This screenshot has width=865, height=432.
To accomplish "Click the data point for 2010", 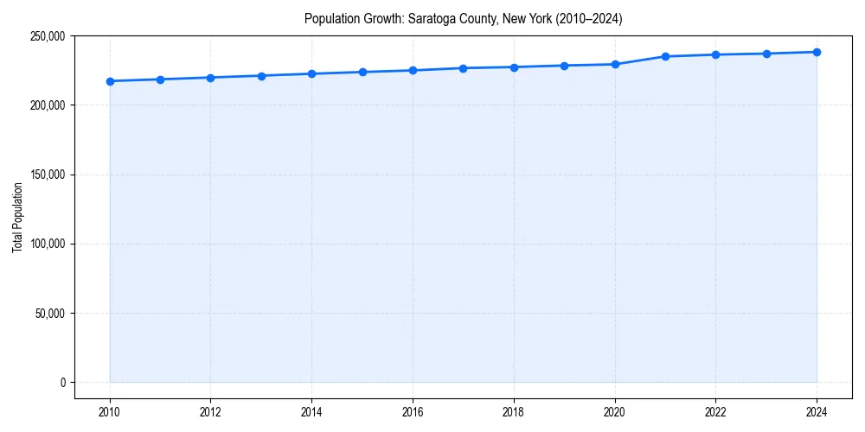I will point(110,81).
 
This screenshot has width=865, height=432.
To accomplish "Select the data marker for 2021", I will point(665,56).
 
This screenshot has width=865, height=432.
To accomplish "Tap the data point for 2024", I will point(817,52).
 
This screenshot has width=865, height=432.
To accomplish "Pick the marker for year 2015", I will point(362,72).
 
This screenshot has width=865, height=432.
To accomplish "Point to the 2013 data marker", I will point(261,75).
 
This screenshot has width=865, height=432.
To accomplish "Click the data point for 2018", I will point(514,67).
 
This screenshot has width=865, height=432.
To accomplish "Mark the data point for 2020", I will point(615,64).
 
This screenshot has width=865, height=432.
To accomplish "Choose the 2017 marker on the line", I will point(463,68).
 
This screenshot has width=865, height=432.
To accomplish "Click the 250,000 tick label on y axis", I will point(48,36).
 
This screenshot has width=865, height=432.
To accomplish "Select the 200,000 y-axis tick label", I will point(48,105).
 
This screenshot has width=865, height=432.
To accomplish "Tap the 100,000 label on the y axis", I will point(48,244).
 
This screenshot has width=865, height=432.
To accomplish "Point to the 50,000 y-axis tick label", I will point(50,313).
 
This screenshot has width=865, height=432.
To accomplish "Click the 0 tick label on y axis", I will point(62,383).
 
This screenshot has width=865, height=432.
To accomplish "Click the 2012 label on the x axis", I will point(210,411).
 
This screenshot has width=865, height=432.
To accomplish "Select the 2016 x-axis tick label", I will point(413,411).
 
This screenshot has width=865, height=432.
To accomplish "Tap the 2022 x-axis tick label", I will point(715,411).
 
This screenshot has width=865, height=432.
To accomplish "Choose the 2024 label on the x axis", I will point(817,411).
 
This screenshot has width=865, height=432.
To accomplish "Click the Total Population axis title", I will point(17,217).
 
